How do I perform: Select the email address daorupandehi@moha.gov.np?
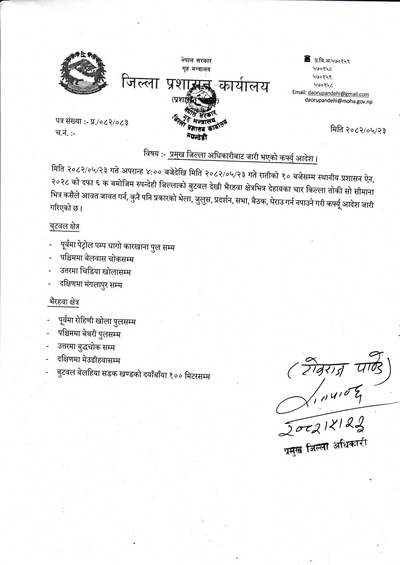[x=338, y=101]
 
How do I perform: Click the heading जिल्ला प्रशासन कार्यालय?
[x=195, y=84]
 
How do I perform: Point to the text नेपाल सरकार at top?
[x=196, y=61]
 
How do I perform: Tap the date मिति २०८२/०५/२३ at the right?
[x=358, y=130]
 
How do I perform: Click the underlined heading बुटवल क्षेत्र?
[x=64, y=226]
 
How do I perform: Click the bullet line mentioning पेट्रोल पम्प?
[x=117, y=246]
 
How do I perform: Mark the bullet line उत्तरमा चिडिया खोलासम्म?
[x=95, y=271]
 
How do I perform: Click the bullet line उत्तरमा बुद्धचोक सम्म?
[x=86, y=347]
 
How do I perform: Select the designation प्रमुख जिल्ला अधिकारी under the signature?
[x=326, y=446]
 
